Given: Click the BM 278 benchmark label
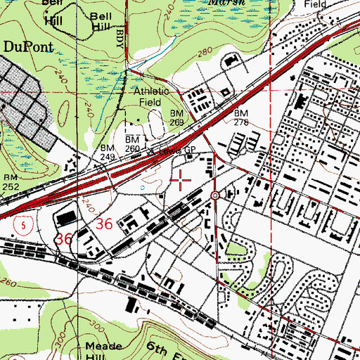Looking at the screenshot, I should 241,117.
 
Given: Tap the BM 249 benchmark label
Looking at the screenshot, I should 107,153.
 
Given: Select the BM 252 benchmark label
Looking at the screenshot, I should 10,182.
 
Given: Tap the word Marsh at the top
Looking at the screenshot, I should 226,3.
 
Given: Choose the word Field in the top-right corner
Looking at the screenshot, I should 316,4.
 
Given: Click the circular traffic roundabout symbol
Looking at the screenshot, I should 215,195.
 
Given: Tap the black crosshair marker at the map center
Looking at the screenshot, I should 181,180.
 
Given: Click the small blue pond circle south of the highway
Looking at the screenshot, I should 142,188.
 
